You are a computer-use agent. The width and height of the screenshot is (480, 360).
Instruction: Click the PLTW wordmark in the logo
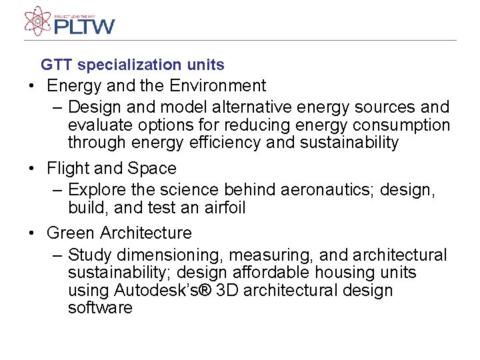tap(84, 26)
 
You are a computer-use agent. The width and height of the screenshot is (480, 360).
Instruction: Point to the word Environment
tap(217, 86)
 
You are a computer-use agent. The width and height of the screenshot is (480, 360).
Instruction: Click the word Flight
tap(67, 169)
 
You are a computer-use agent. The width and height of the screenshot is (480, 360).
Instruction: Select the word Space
tap(153, 169)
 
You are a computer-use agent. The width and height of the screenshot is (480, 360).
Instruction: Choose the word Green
tap(71, 233)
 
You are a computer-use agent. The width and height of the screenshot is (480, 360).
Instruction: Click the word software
tap(100, 308)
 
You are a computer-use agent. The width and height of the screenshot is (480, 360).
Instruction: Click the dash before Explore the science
tap(57, 190)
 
